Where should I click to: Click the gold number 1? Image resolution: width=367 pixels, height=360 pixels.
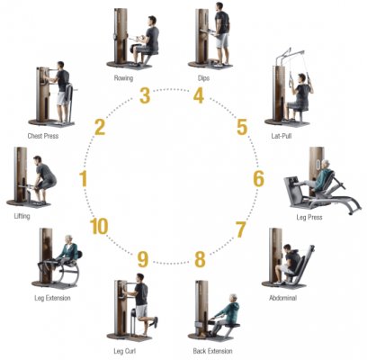pos(83,178)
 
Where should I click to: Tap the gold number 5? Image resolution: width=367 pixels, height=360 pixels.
pos(242,127)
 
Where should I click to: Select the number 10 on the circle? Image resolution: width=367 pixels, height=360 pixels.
pos(99,227)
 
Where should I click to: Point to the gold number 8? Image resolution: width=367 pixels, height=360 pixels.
pos(200,259)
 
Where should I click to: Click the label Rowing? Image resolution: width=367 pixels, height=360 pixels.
pos(123,78)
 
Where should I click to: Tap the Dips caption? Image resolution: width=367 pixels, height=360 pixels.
pos(203,78)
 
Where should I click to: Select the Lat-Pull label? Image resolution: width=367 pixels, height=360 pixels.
pos(282,136)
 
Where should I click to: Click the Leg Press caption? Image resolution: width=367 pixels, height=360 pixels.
pos(309,217)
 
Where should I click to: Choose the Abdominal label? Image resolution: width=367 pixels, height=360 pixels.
pos(282,298)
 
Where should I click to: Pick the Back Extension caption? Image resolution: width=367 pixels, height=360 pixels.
pos(212,351)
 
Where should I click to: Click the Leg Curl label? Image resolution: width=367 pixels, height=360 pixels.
pos(125,351)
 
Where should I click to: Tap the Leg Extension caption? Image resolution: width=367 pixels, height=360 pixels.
pos(52,298)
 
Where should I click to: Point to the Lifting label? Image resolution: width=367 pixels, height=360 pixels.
pos(22,216)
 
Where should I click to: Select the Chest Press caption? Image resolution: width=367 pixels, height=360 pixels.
pos(43,136)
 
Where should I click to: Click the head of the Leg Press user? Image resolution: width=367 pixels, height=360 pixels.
pos(326,165)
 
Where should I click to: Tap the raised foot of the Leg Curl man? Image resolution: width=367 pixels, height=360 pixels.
pos(155,322)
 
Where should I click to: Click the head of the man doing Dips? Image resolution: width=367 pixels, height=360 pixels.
pos(219,6)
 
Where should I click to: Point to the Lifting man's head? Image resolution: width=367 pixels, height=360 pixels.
pos(38,159)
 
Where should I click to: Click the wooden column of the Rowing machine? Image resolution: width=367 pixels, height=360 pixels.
pos(121,35)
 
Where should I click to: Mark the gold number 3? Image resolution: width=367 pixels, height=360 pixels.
pos(145,95)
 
